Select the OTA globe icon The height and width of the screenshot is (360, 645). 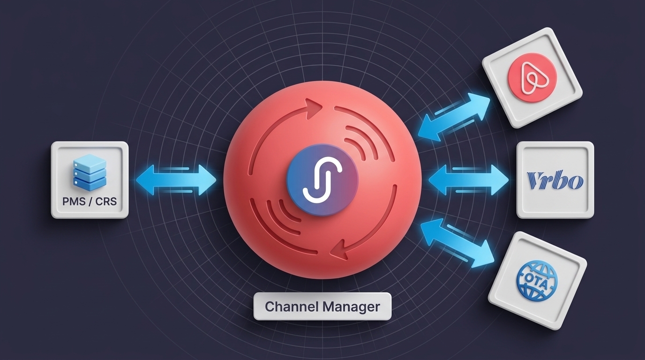click(x=537, y=279)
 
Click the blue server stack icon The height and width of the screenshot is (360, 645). click(x=90, y=172)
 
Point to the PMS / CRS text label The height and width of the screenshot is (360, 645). click(x=90, y=201)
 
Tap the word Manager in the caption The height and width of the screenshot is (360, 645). click(x=352, y=307)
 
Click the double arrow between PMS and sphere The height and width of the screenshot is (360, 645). click(x=176, y=180)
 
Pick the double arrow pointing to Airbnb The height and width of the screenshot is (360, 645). click(x=454, y=117)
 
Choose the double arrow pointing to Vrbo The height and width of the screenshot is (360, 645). click(x=468, y=180)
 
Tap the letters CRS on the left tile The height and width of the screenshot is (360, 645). click(x=106, y=201)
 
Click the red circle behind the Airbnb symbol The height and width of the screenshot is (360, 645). click(x=532, y=78)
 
